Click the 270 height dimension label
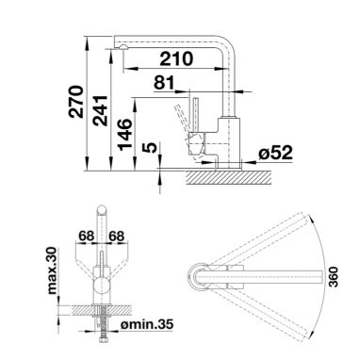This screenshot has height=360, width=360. (x=76, y=102)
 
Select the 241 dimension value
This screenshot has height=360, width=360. (x=100, y=110)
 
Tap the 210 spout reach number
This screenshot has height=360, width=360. (x=176, y=58)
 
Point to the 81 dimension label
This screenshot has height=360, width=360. (x=164, y=83)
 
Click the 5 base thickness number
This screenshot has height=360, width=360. (x=151, y=148)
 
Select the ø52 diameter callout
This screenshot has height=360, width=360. (x=275, y=153)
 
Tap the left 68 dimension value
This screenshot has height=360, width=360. (x=87, y=236)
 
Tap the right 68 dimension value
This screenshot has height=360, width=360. (x=117, y=236)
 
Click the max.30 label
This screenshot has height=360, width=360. (x=52, y=270)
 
